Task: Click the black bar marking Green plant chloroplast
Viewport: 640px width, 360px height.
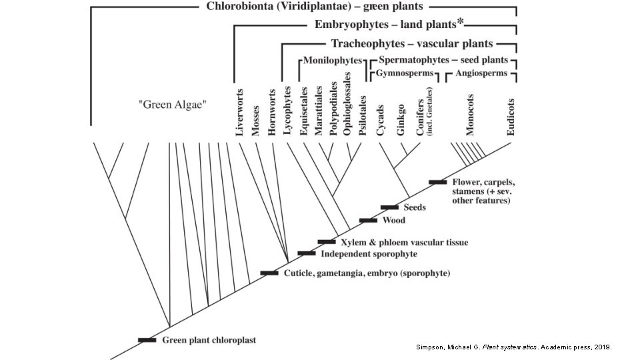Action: pyautogui.click(x=147, y=340)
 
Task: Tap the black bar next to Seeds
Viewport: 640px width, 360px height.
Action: pyautogui.click(x=389, y=208)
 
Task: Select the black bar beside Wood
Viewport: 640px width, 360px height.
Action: pyautogui.click(x=368, y=220)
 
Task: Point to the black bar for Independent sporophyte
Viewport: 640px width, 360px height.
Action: pyautogui.click(x=307, y=253)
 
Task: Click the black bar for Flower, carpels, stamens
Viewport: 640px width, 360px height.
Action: pyautogui.click(x=438, y=182)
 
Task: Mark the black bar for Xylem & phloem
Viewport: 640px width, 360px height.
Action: pyautogui.click(x=327, y=241)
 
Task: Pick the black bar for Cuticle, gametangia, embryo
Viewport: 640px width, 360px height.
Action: pyautogui.click(x=269, y=273)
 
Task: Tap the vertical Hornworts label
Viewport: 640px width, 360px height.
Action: pyautogui.click(x=271, y=113)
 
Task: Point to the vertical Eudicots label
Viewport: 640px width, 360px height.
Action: pyautogui.click(x=511, y=117)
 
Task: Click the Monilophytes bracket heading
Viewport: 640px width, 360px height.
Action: pyautogui.click(x=332, y=60)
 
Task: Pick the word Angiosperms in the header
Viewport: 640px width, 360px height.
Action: pyautogui.click(x=481, y=73)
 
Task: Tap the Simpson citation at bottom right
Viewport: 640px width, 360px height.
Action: pyautogui.click(x=513, y=347)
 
